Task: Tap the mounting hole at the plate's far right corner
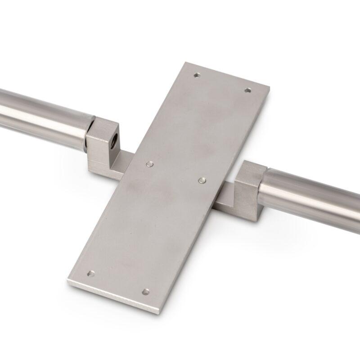pyautogui.click(x=247, y=90)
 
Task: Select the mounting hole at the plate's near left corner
pyautogui.click(x=91, y=273)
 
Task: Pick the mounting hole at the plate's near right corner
pyautogui.click(x=145, y=292)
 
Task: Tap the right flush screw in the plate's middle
pyautogui.click(x=201, y=180)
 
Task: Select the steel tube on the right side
pyautogui.click(x=315, y=193)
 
